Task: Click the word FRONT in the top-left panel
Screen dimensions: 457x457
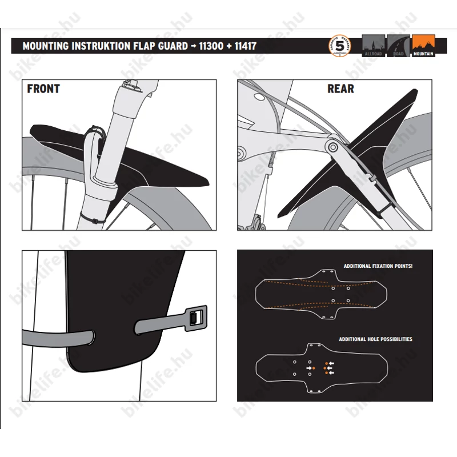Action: point(43,89)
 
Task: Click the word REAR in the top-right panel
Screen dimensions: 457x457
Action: point(340,89)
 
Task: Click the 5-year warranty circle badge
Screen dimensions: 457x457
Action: point(340,46)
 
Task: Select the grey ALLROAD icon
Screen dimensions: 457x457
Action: point(374,46)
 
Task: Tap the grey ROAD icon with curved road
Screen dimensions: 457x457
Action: point(398,46)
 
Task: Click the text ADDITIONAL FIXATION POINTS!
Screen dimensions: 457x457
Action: point(378,266)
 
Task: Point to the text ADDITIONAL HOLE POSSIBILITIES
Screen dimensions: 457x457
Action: point(375,339)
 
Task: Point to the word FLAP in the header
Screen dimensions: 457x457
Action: point(144,46)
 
